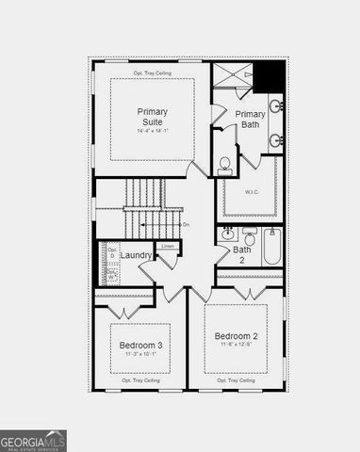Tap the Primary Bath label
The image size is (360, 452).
[250, 120]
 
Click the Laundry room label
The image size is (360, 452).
[136, 255]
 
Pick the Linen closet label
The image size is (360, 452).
[168, 247]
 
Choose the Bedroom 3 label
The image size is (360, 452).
[140, 346]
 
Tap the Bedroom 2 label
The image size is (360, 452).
[236, 336]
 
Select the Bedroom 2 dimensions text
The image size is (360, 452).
[236, 346]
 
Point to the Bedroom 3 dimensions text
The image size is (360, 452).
[140, 356]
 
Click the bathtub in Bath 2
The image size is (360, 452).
[271, 248]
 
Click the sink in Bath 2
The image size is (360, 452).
[228, 234]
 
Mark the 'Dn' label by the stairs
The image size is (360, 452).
[186, 224]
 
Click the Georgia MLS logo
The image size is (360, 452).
[33, 441]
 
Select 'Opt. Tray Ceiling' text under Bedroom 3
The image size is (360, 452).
[140, 380]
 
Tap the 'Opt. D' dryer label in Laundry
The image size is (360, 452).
[111, 252]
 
